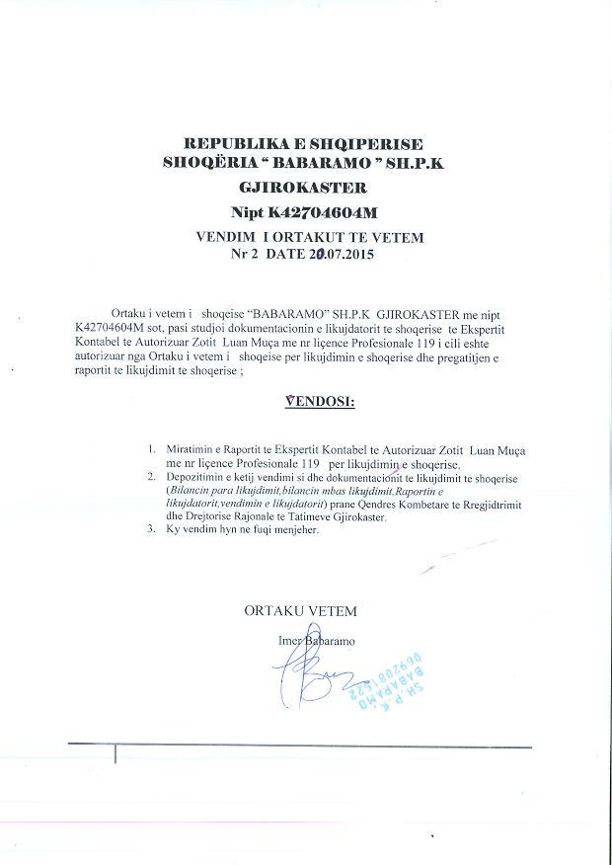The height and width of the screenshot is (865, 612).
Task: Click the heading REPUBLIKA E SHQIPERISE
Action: [x=304, y=145]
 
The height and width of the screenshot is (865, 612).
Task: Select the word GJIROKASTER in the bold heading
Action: [x=304, y=187]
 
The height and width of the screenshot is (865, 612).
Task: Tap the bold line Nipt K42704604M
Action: [x=304, y=211]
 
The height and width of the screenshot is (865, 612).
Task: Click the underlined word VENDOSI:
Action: [x=319, y=402]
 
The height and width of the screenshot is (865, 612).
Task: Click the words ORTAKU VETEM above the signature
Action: [x=300, y=611]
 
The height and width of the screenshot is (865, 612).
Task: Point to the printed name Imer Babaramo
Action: [x=317, y=641]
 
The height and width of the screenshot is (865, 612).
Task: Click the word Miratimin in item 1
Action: [x=191, y=449]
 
